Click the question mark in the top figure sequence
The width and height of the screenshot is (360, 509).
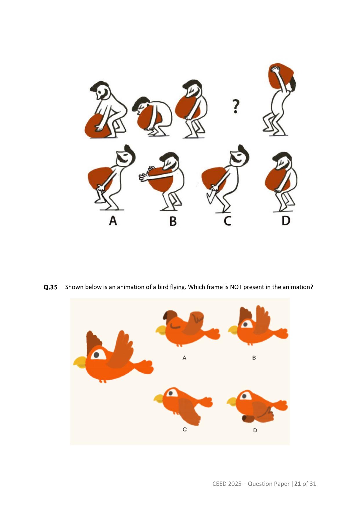236,106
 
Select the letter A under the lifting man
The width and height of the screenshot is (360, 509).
113,221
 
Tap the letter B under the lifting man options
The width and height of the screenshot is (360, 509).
173,221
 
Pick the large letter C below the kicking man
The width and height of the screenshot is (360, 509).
227,221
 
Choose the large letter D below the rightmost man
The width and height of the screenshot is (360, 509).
286,221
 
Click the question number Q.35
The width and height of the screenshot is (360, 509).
50,287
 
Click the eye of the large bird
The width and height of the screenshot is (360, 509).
96,354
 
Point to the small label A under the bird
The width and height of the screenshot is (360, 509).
184,358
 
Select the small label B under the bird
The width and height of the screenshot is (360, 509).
254,358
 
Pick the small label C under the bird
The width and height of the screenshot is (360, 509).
184,429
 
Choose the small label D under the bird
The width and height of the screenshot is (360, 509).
255,430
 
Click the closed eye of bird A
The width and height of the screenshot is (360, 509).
176,326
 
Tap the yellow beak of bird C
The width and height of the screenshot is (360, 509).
159,398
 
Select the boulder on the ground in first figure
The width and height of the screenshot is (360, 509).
97,127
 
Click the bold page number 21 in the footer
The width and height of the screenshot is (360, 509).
298,484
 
